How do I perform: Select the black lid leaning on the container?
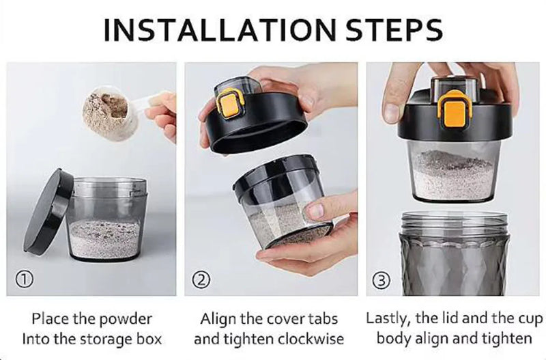(x=48, y=211)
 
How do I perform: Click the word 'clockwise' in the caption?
(x=311, y=338)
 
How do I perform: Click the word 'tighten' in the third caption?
(x=509, y=338)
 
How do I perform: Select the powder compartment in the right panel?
(x=450, y=171)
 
